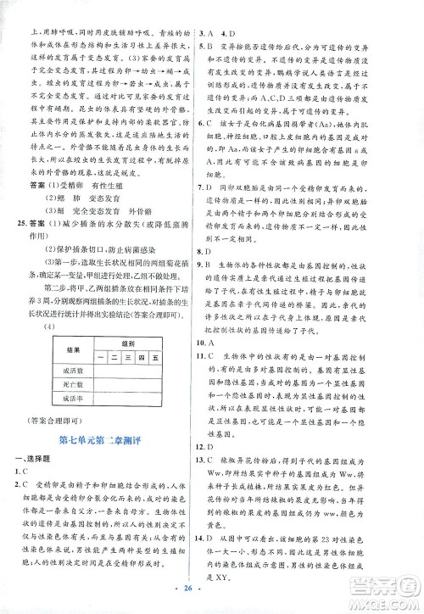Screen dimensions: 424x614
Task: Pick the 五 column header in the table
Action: point(154,359)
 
